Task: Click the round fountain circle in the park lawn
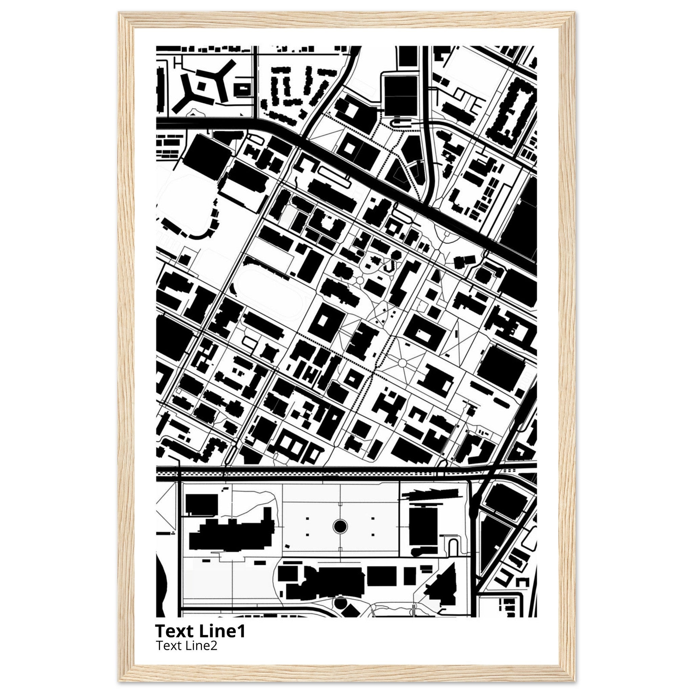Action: point(340,527)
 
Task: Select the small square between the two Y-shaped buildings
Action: point(202,86)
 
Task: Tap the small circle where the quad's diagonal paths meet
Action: point(402,364)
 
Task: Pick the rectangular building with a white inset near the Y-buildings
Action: point(243,88)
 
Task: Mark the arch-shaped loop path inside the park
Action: point(453,548)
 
